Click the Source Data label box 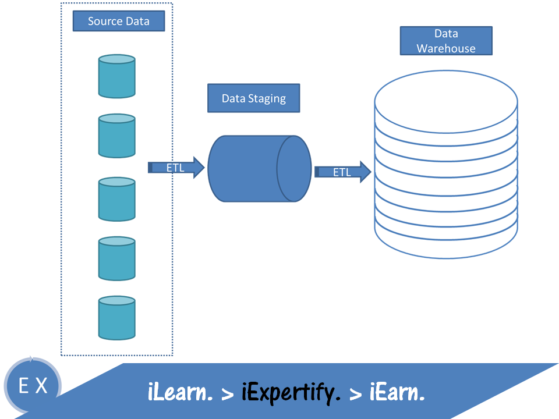[119, 22]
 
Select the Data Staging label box [253, 98]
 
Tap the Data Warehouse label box [446, 41]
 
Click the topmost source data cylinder [117, 76]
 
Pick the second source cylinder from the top [117, 136]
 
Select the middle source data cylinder [117, 199]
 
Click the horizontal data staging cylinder [245, 169]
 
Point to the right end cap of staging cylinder [294, 169]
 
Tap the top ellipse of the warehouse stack [446, 102]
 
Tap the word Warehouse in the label [446, 49]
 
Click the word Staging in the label [267, 98]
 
